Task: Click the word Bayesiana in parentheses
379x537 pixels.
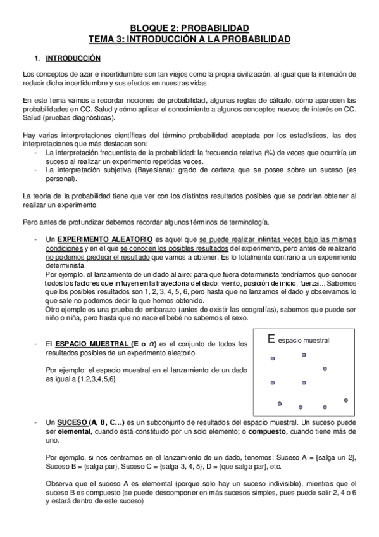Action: (x=159, y=171)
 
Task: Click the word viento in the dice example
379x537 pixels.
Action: (x=244, y=284)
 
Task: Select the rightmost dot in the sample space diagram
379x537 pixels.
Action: (x=345, y=400)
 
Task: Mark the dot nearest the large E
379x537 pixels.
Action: (x=273, y=358)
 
